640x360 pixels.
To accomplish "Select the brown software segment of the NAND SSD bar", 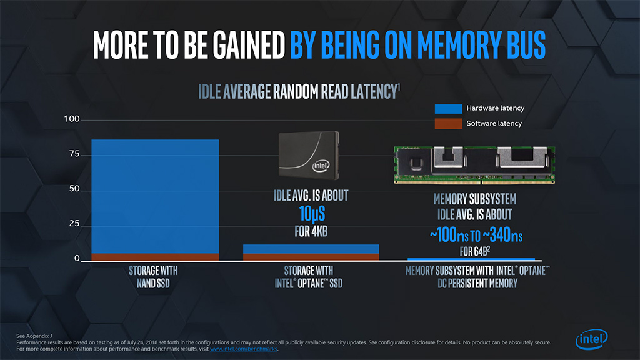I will click(155, 256).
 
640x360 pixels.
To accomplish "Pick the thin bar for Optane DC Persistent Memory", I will click(471, 259).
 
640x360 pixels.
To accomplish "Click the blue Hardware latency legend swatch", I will click(448, 108).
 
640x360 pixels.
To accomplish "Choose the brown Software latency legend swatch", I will click(448, 124).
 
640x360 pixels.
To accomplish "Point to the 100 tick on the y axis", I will click(72, 119).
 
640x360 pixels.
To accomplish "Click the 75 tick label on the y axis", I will click(74, 154).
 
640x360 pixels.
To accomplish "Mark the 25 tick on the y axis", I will click(74, 224).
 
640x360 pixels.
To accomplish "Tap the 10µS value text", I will click(311, 214).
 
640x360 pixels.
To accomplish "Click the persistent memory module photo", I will click(474, 164).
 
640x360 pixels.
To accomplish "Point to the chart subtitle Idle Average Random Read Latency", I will click(299, 92).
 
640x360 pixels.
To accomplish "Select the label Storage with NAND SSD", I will click(153, 277).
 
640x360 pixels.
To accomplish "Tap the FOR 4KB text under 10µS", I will click(311, 232).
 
